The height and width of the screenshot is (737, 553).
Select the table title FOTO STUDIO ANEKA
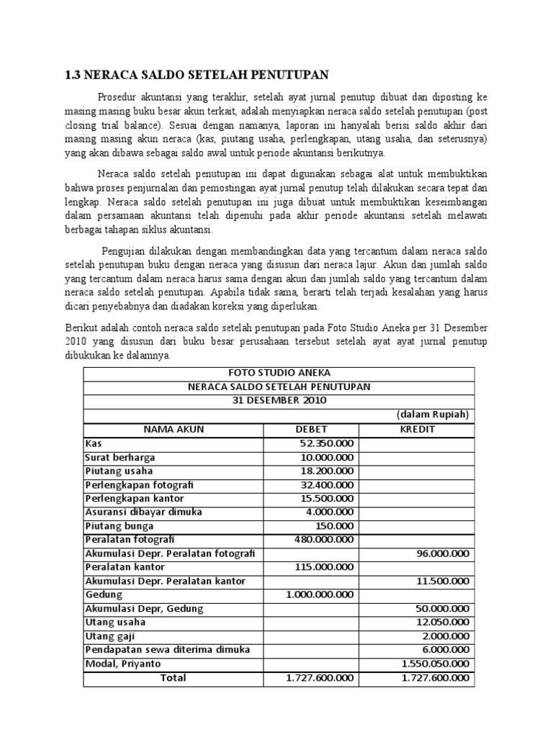[x=279, y=373]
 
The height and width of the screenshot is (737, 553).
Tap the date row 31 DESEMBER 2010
[x=279, y=400]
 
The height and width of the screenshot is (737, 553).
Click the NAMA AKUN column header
[x=174, y=429]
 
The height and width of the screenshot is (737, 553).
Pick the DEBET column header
[x=312, y=429]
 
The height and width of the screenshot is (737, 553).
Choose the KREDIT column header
[x=417, y=429]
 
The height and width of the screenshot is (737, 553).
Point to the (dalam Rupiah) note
[x=432, y=415]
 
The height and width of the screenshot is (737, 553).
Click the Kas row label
[x=94, y=443]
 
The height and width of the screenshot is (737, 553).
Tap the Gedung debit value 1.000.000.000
[x=320, y=594]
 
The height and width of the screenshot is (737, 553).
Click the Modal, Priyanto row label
[x=123, y=664]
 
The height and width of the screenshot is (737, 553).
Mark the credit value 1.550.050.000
[x=435, y=664]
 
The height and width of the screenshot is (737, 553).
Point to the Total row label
[x=174, y=678]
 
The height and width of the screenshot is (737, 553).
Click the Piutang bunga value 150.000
[x=338, y=525]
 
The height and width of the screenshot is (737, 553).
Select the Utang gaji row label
[x=110, y=636]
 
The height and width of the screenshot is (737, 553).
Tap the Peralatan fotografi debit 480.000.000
[x=324, y=540]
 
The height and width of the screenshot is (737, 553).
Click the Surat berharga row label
[x=120, y=457]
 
